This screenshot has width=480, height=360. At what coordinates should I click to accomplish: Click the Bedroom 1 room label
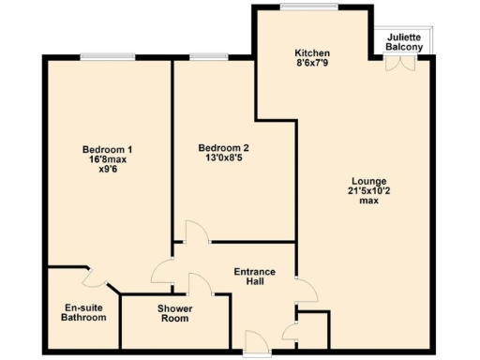click(106, 149)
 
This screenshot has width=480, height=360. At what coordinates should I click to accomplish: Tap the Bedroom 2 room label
click(223, 149)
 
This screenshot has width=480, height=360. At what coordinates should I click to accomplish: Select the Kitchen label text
click(311, 53)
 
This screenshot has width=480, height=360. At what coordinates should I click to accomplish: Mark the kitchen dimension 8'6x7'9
click(311, 65)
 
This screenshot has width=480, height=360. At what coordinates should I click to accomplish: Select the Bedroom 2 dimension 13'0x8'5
click(223, 159)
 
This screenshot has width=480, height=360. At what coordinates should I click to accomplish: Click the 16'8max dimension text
click(106, 159)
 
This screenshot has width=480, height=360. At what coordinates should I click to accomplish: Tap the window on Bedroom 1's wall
click(107, 56)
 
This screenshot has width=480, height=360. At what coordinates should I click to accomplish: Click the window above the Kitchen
click(308, 7)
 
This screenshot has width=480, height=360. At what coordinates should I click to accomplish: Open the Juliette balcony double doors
click(401, 64)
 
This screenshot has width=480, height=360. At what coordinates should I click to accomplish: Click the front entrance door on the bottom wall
click(253, 344)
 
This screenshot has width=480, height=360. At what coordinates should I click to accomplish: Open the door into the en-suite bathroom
click(93, 277)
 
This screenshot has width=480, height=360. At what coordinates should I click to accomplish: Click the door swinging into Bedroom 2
click(195, 232)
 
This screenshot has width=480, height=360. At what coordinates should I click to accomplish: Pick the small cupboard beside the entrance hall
click(313, 329)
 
